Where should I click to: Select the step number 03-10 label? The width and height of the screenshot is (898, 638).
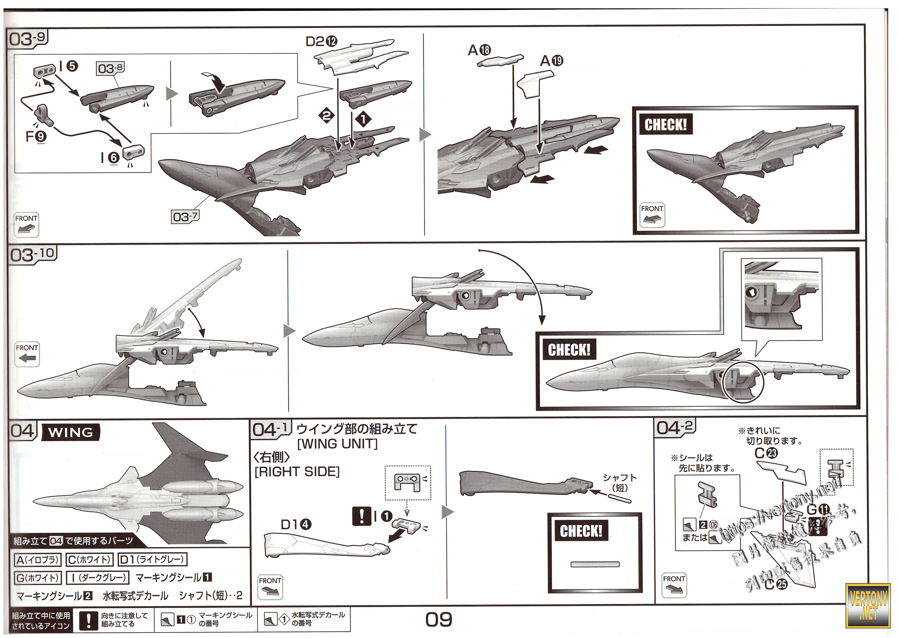point(33,254)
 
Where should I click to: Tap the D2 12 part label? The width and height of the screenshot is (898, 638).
point(321,41)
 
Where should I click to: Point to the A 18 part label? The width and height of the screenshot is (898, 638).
point(479,50)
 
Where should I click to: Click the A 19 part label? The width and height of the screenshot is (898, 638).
point(551,60)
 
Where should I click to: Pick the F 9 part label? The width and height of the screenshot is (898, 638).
point(36,136)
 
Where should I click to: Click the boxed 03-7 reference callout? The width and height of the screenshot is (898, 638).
point(186,216)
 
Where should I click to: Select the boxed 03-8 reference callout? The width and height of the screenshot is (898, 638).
point(110,68)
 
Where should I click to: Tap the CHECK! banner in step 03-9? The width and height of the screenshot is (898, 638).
point(665,125)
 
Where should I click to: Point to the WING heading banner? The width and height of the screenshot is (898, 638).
point(71,432)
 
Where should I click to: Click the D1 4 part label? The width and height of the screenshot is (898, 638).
point(296,524)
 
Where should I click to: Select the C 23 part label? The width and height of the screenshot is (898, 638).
point(766,453)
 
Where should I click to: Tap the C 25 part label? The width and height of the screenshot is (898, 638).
point(776,584)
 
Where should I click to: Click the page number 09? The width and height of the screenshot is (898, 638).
point(439,620)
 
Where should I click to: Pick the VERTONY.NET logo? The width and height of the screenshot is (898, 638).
point(869,605)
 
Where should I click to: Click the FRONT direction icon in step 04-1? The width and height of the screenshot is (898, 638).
point(270,587)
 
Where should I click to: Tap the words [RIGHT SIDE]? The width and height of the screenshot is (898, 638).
point(297,472)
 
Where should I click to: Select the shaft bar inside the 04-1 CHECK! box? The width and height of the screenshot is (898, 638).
point(595,565)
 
